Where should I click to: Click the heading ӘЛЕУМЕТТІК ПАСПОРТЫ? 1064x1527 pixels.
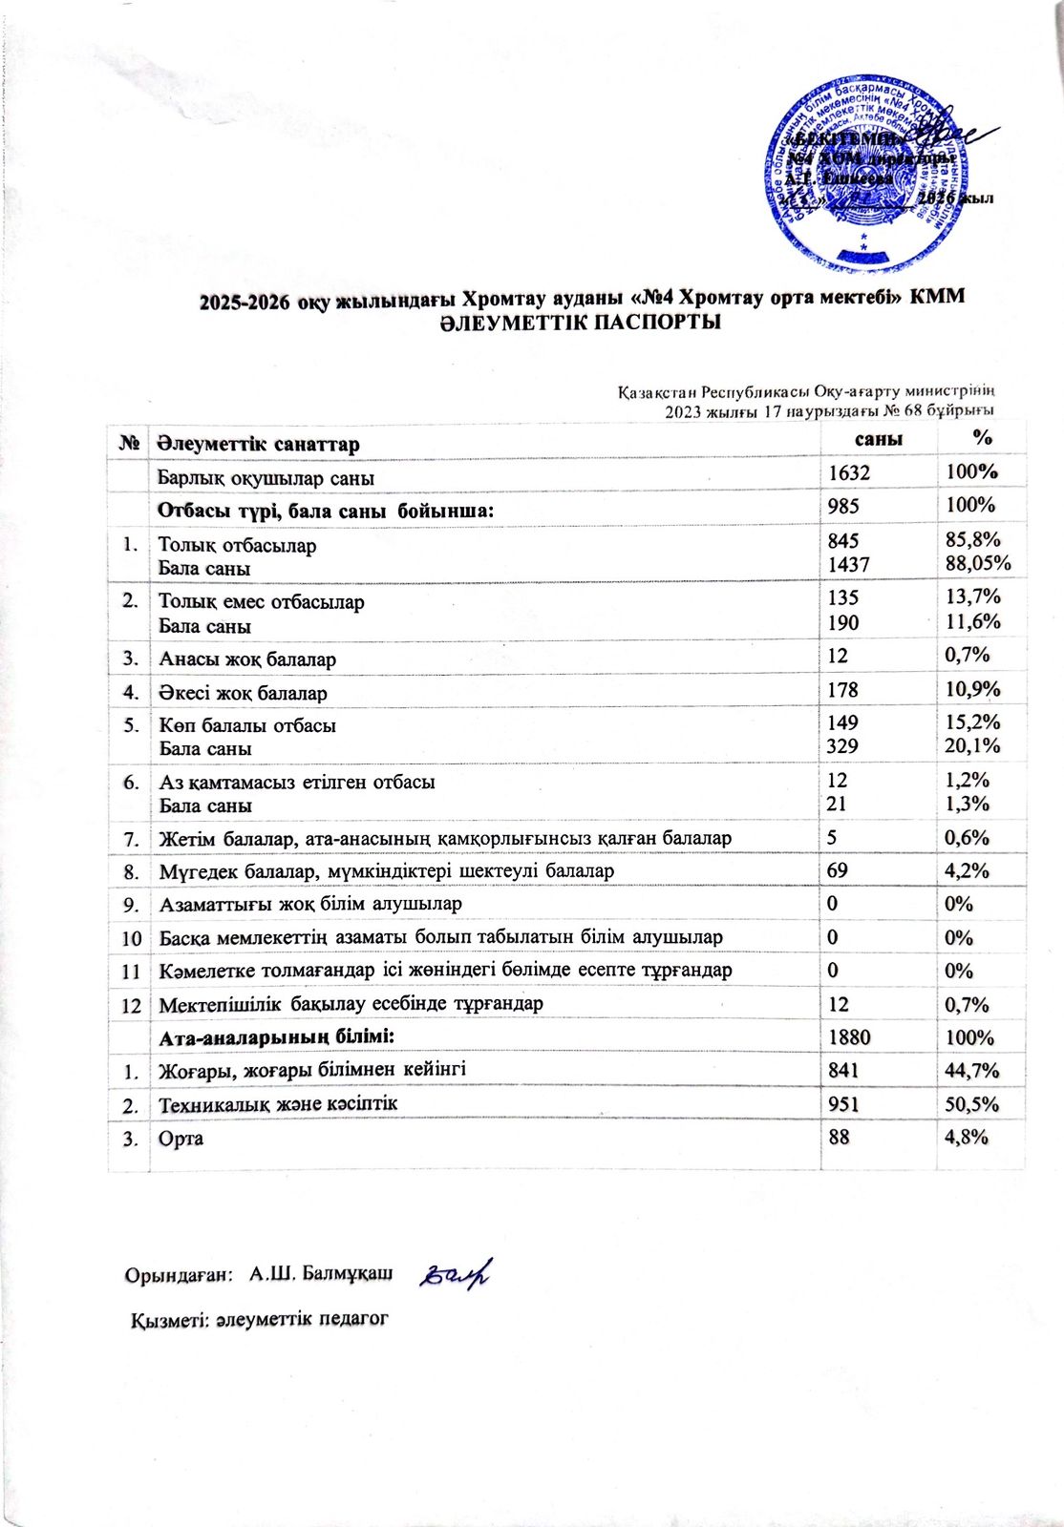(x=580, y=323)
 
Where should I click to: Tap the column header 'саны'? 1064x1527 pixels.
(x=878, y=439)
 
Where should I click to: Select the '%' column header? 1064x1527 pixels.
(x=980, y=438)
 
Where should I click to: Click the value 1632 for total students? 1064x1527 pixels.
(x=850, y=473)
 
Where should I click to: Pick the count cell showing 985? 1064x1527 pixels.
(x=844, y=506)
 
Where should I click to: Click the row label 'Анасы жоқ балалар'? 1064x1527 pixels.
(x=247, y=659)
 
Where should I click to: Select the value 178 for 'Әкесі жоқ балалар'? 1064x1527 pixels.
(x=844, y=690)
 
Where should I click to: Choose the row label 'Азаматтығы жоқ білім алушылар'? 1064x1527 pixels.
(x=310, y=903)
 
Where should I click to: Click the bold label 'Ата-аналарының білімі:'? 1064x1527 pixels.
(x=277, y=1035)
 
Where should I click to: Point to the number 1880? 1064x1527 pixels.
(x=850, y=1037)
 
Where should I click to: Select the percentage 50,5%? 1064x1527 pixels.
(x=971, y=1104)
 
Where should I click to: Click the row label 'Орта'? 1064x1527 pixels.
(x=181, y=1139)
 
